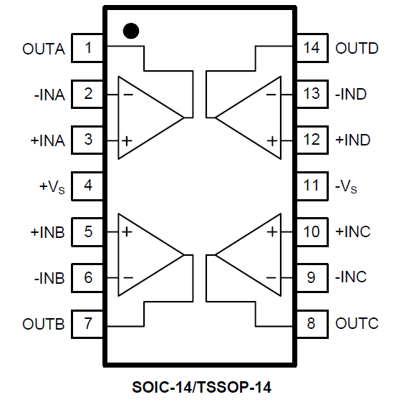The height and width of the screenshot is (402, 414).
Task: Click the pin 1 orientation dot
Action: click(131, 31)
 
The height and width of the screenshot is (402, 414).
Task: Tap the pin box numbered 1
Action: click(87, 48)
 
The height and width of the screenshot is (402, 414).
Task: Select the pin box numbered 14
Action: click(312, 48)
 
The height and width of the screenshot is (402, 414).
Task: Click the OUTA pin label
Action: click(44, 49)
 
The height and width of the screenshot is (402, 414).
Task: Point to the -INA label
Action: click(49, 95)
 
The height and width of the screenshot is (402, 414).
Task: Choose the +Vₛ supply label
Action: click(52, 187)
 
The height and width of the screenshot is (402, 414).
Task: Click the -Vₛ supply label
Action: click(346, 186)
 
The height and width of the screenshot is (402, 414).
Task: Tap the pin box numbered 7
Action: click(87, 324)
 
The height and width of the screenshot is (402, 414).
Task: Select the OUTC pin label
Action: click(357, 323)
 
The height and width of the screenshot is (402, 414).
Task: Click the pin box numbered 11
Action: click(312, 186)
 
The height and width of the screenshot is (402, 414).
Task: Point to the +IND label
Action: click(352, 140)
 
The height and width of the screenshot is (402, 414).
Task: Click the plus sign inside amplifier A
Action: click(127, 140)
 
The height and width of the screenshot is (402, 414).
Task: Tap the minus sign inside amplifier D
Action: click(271, 95)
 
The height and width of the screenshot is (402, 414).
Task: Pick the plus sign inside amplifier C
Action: click(272, 232)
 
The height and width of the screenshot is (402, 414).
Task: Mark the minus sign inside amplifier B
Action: click(128, 277)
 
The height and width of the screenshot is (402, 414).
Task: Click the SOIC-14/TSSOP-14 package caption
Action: click(201, 388)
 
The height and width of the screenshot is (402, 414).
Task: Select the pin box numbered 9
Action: click(312, 278)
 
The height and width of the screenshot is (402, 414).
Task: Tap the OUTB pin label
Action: click(44, 324)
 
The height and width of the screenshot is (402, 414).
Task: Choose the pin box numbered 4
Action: click(87, 186)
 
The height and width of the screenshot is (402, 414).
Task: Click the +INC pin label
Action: click(352, 231)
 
